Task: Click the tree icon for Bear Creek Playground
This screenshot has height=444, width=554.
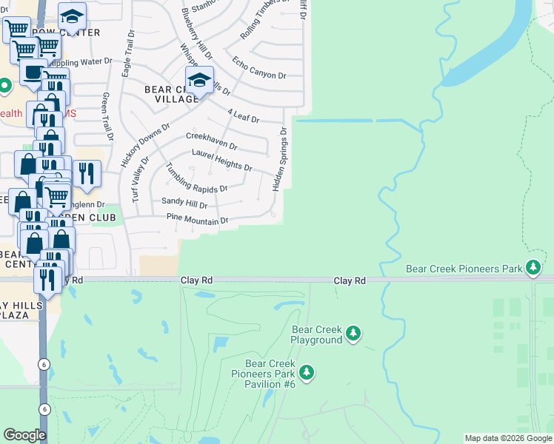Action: [353, 335]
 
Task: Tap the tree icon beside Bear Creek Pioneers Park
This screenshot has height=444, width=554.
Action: [533, 268]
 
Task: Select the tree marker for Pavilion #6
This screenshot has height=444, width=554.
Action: [306, 373]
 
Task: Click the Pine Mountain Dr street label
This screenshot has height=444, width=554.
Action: [197, 219]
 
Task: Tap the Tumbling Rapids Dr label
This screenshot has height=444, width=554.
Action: [197, 181]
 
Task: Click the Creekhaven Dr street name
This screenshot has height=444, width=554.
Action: [211, 141]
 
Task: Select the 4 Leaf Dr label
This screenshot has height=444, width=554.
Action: [244, 115]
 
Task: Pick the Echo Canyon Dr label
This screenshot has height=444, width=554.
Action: [259, 67]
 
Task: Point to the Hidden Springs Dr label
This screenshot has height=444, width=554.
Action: [280, 159]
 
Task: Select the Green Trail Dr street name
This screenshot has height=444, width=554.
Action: [108, 116]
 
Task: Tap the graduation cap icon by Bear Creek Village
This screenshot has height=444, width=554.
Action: [199, 81]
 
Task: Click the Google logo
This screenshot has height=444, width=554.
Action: [24, 435]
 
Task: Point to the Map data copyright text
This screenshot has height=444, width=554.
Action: [507, 438]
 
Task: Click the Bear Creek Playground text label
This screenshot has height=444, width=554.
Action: [317, 335]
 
